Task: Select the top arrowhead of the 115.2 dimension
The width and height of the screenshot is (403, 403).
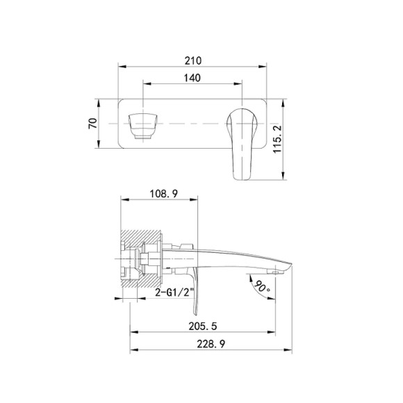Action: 282,101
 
